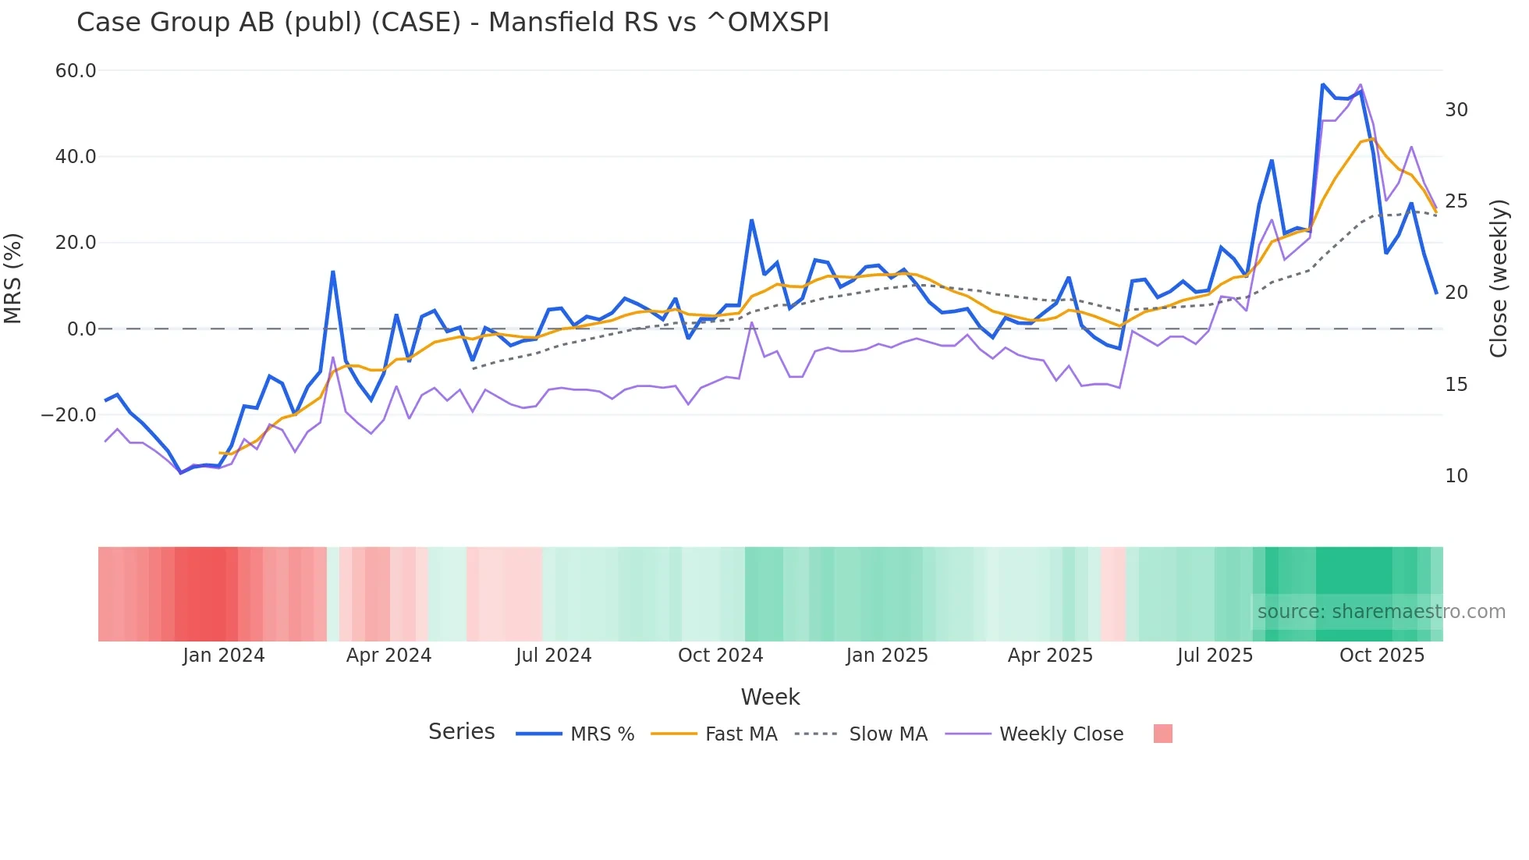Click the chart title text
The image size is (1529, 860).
coord(452,23)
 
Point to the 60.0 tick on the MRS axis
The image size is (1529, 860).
coord(76,71)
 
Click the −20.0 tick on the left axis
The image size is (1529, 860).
coord(69,415)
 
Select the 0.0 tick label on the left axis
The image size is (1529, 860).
coord(81,329)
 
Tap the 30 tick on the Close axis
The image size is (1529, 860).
coord(1456,110)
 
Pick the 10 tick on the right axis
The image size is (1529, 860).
coord(1456,476)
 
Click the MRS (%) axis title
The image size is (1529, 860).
coord(13,278)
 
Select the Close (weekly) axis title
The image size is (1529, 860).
coord(1498,278)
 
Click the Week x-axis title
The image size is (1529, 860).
coord(770,697)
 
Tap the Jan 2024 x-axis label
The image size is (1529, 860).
coord(224,656)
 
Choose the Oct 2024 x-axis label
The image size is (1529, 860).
coord(720,656)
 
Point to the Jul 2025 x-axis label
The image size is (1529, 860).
coord(1215,656)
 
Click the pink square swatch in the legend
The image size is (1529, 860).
coord(1162,734)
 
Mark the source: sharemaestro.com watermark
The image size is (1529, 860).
coord(1381,612)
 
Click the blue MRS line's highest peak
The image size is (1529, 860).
coord(1323,84)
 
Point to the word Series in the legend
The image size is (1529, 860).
coord(461,732)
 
